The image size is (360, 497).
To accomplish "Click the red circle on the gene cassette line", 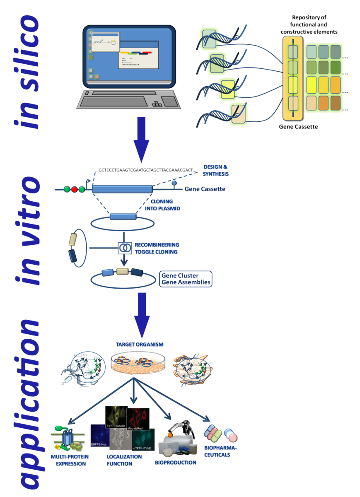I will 75,190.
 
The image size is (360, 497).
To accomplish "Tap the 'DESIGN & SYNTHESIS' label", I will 216,170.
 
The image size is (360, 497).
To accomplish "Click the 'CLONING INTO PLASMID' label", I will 165,205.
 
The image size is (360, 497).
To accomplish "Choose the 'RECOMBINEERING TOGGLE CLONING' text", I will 156,248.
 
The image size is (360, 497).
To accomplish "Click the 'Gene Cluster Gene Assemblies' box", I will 186,279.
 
